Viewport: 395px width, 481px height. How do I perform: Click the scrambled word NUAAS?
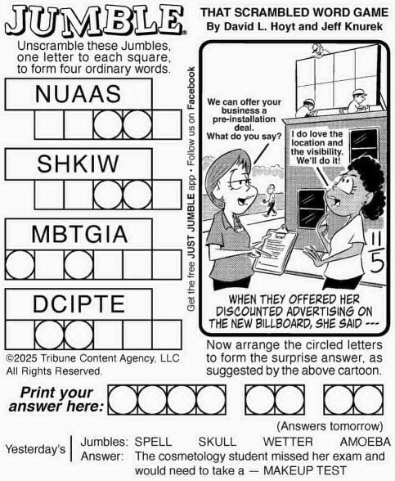78,94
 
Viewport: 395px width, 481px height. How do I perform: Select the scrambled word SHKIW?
78,164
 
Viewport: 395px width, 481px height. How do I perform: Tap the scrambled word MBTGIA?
79,234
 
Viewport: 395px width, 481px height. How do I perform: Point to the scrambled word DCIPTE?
79,304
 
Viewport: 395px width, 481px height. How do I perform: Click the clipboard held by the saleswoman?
275,249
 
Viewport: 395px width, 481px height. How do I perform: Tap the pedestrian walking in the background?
269,200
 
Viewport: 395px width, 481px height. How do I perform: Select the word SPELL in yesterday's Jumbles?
153,442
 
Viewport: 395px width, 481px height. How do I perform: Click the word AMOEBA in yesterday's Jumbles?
366,442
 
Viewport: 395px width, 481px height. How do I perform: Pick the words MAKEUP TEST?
305,470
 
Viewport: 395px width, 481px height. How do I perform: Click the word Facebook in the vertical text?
191,88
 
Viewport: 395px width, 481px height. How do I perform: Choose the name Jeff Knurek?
352,26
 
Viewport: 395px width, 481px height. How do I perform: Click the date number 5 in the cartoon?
377,263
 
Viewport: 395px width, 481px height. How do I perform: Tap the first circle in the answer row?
123,400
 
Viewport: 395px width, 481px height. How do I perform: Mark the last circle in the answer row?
368,400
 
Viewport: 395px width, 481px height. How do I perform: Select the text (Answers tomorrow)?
330,426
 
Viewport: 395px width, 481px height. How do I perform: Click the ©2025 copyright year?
22,358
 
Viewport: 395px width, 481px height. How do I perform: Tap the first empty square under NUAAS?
49,125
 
